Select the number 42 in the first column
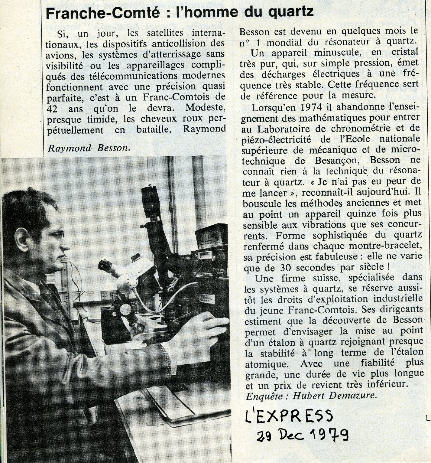pyautogui.click(x=53, y=108)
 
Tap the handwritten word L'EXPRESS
pyautogui.click(x=288, y=416)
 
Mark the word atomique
pyautogui.click(x=264, y=364)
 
